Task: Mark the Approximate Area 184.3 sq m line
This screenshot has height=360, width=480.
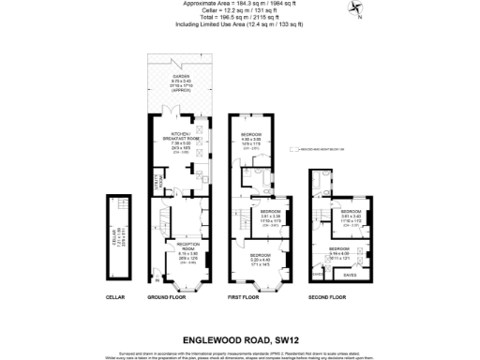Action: [239, 4]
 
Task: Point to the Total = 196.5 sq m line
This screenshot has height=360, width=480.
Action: [239, 17]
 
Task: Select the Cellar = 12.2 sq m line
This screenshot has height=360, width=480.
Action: [239, 10]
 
